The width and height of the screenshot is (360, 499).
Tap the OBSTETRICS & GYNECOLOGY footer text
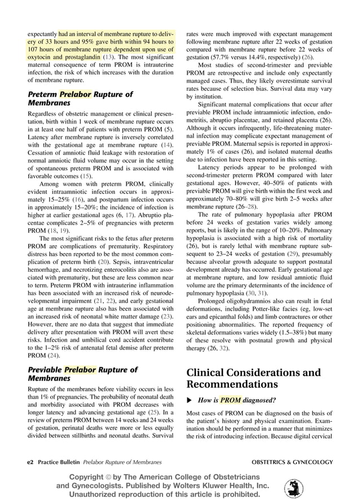292,462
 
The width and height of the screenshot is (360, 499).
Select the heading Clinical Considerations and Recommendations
253,378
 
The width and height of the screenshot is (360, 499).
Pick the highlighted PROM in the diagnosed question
231,400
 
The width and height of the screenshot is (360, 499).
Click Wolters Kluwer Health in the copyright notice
223,485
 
